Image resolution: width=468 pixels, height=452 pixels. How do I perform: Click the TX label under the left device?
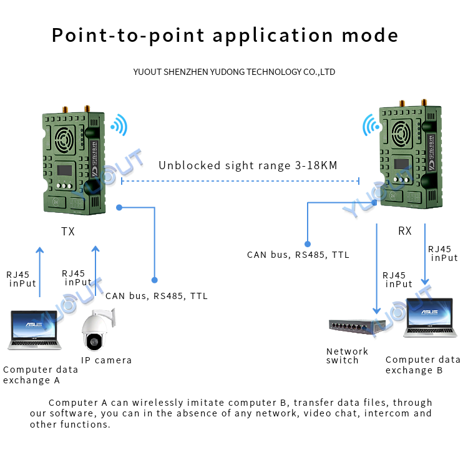tap(68, 232)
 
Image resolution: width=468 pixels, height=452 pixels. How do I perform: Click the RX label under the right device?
tap(405, 231)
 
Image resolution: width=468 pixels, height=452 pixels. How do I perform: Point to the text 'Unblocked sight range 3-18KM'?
tap(248, 165)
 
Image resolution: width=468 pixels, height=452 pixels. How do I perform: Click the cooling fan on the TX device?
tap(64, 135)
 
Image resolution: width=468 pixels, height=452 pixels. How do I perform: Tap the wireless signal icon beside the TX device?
tap(118, 125)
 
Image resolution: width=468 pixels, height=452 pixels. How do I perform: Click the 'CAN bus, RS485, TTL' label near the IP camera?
tap(157, 296)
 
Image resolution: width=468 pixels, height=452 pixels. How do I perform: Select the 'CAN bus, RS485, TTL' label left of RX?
tap(298, 255)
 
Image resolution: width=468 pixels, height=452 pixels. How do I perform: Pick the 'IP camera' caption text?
tap(106, 360)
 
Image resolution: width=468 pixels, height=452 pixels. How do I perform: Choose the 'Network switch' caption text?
tap(347, 356)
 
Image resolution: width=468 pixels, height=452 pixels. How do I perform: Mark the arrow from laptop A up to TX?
tap(40, 275)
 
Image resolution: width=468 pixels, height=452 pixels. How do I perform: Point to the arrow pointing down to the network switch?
tap(376, 268)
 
